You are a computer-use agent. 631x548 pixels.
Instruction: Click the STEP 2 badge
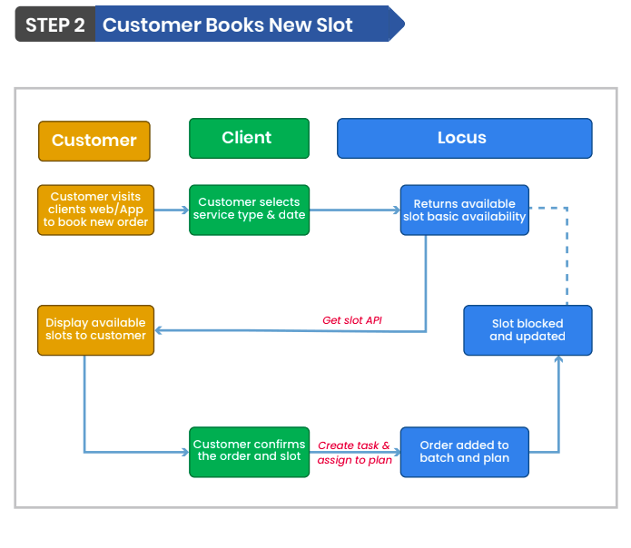[54, 24]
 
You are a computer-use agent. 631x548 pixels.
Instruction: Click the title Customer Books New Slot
[228, 24]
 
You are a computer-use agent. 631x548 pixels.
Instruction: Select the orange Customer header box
[94, 141]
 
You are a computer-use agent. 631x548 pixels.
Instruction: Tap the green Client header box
[249, 138]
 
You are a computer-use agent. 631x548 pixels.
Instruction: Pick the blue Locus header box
[464, 139]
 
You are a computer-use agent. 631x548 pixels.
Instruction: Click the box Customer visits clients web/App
[96, 210]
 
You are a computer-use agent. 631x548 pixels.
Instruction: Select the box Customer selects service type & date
[249, 210]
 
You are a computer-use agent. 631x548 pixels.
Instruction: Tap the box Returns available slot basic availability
[464, 210]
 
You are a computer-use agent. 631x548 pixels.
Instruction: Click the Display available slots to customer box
[96, 329]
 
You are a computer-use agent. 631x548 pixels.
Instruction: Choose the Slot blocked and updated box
[527, 329]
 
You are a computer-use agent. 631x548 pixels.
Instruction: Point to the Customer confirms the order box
[249, 451]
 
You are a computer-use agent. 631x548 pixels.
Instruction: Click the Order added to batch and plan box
[464, 451]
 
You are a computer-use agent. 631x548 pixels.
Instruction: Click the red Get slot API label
[352, 320]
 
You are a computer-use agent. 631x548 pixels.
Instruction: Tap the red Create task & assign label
[354, 453]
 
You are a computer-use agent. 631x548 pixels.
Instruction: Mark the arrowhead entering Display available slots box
[161, 330]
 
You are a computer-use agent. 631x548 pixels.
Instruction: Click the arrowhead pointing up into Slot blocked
[558, 359]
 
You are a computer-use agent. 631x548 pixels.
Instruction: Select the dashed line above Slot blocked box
[567, 254]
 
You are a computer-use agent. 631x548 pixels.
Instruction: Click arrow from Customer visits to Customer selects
[172, 210]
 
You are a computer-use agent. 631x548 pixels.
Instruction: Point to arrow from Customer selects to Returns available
[354, 210]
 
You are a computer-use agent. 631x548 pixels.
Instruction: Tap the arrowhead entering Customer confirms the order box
[184, 451]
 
